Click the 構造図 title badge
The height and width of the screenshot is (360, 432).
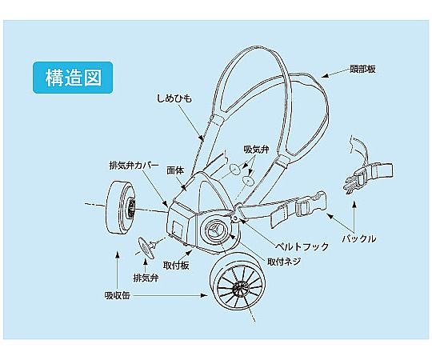point(73,78)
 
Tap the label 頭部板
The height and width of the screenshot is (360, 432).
point(362,69)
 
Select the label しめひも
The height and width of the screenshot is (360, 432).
point(174,98)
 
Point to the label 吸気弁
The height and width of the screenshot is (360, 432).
point(256,150)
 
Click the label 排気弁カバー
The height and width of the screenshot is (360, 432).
point(134,166)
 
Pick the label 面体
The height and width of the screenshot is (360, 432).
point(175,170)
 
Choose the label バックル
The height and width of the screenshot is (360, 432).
point(359,238)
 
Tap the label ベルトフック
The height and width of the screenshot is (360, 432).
point(302,246)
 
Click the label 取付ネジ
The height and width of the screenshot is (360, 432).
point(284,262)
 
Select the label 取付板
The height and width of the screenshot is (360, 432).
point(176,266)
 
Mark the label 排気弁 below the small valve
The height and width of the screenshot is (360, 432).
point(146,278)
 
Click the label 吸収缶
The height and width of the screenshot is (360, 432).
point(117,295)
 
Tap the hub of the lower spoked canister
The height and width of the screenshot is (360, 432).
point(238,289)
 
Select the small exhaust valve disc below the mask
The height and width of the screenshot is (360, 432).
point(146,247)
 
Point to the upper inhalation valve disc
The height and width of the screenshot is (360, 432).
point(234,169)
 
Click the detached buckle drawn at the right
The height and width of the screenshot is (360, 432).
point(368,176)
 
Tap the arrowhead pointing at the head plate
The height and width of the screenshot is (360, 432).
point(326,76)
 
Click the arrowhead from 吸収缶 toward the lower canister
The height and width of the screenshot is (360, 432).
point(204,295)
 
